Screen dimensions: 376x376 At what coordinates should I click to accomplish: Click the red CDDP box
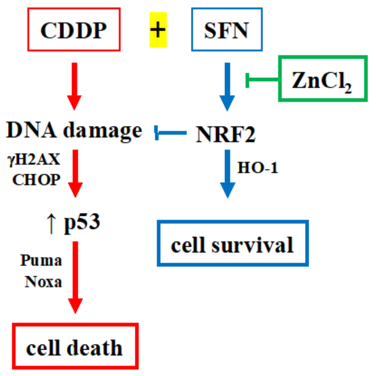click(74, 30)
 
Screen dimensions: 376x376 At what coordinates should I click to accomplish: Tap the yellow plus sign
click(158, 30)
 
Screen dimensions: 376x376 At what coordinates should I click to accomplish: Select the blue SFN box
click(227, 30)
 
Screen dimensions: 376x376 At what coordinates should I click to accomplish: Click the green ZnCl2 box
click(323, 79)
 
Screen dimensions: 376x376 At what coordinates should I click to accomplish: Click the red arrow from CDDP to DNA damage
click(74, 86)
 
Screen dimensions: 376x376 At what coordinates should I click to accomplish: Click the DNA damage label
click(74, 131)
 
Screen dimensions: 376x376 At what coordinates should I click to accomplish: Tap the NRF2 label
click(226, 134)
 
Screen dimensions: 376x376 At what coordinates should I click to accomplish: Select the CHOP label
click(36, 180)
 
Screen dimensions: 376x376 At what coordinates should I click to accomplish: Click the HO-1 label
click(258, 168)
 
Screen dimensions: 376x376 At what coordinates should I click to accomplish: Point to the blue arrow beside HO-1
click(227, 173)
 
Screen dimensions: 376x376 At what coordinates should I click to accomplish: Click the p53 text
click(82, 222)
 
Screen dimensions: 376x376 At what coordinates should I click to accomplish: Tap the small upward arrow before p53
click(51, 223)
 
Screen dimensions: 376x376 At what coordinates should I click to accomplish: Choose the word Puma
click(41, 260)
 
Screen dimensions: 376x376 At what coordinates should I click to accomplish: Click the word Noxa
click(43, 282)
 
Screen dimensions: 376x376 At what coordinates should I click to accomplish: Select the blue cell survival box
click(233, 243)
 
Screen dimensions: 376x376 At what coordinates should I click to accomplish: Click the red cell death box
click(75, 346)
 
